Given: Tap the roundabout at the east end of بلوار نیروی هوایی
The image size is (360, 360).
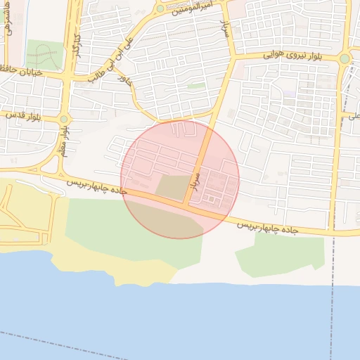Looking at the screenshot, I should pos(345,59).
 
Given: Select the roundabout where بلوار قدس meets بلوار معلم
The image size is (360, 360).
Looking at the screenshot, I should pos(64,119).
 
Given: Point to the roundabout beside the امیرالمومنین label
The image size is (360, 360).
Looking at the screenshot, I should pos(160,8).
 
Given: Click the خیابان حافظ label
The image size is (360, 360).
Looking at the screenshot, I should pos(25,71).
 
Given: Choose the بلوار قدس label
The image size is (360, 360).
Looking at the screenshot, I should pos(22,115).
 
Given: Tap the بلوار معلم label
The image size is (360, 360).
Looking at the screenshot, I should pos(63,143).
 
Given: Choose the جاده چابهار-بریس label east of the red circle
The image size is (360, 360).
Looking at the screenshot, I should pos(267,228).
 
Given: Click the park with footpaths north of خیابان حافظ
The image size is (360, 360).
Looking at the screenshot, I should pos(44,54).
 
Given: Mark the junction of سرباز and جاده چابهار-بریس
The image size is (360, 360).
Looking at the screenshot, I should pos(187,204).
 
